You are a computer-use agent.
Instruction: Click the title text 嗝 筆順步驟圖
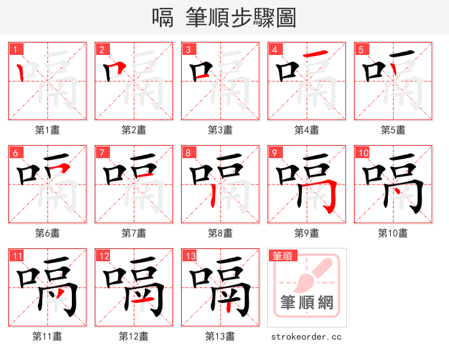coord(224,17)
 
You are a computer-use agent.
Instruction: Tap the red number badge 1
coord(16,49)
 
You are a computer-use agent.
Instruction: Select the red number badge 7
coord(102,153)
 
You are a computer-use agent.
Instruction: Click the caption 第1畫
coord(48,130)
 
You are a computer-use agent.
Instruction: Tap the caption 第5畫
coord(393,130)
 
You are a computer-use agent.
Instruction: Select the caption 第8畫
coord(221,233)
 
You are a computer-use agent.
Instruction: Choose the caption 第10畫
coord(393,233)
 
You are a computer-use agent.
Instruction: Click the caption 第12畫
coord(134,336)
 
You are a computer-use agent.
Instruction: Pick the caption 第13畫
coord(221,336)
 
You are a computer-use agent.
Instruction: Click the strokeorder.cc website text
coord(306,337)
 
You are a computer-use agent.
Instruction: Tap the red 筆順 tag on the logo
coord(282,256)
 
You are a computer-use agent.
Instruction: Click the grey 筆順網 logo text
coord(306,303)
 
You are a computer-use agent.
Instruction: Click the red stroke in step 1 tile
coord(21,72)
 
